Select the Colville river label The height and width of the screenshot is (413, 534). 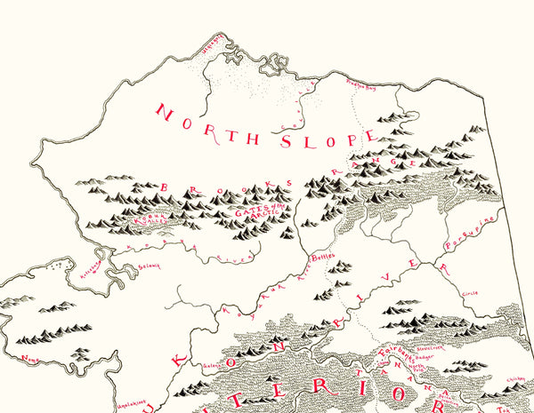coord(306,98)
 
